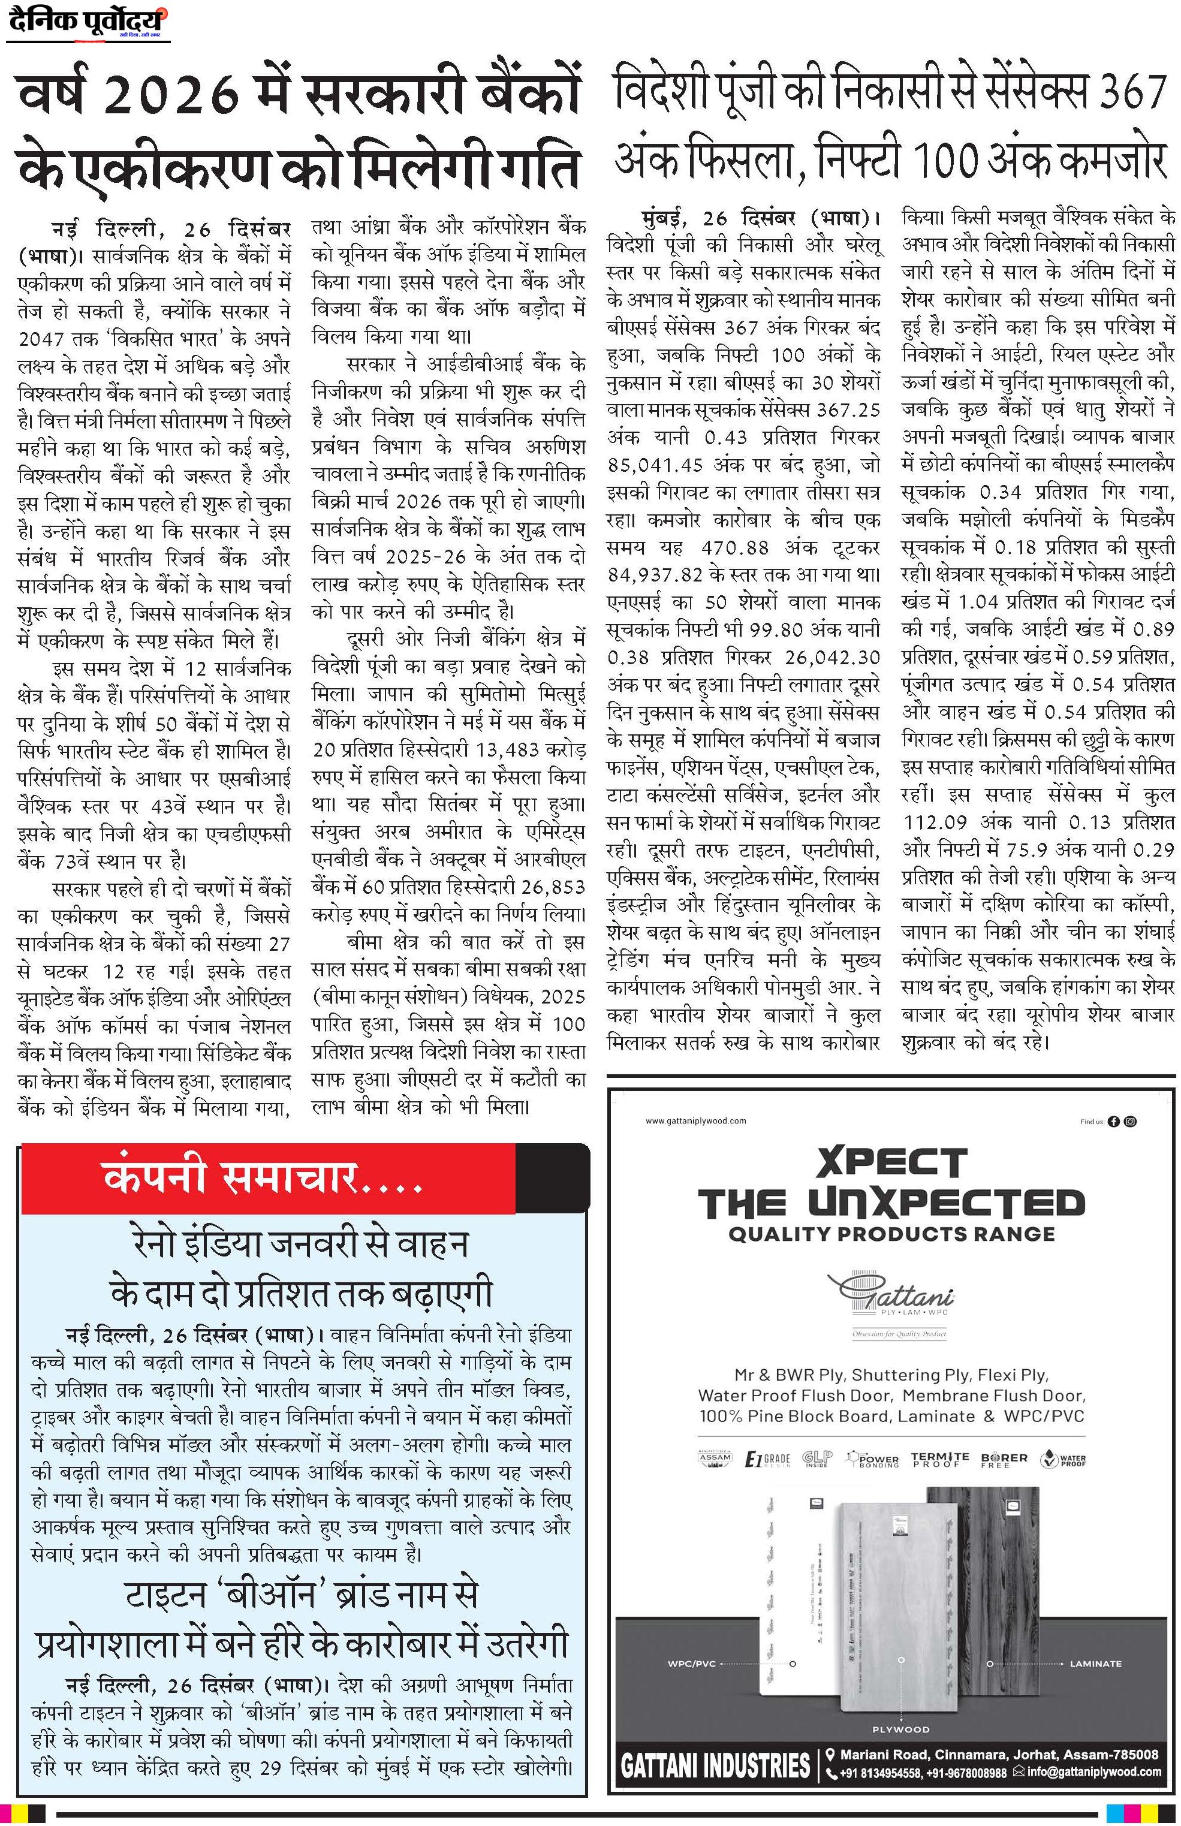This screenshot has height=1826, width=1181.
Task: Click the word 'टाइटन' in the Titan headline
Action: pos(165,1596)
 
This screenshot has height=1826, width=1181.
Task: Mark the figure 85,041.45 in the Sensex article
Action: pos(658,466)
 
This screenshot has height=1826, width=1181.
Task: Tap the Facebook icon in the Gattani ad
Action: pos(1113,1121)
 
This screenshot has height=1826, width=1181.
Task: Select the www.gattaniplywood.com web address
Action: pos(695,1121)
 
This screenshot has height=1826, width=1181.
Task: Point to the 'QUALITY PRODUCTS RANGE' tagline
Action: pos(891,1234)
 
